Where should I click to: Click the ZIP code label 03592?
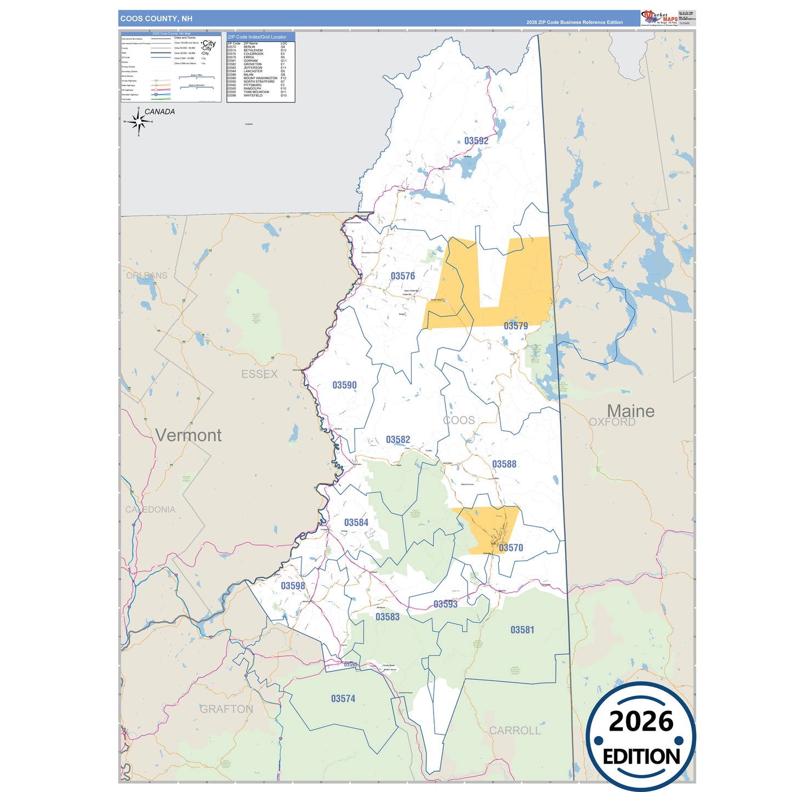[x=476, y=141]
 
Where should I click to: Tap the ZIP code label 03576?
[x=402, y=276]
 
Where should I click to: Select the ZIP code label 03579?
[x=516, y=326]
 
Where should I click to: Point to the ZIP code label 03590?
[x=344, y=385]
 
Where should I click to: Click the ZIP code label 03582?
[x=397, y=440]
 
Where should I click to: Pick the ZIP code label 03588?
[x=504, y=464]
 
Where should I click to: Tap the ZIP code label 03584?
[x=356, y=523]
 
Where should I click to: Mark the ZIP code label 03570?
[x=511, y=548]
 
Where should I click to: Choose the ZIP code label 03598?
[x=293, y=586]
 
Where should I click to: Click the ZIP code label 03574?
[x=343, y=699]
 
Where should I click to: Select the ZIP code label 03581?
[x=522, y=630]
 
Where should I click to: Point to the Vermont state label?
[x=188, y=435]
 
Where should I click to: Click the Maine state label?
[x=630, y=411]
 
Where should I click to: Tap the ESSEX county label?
[x=259, y=374]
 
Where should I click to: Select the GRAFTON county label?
[x=226, y=709]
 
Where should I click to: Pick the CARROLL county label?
[x=515, y=731]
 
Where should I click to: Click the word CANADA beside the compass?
[x=159, y=112]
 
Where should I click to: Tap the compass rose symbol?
[x=138, y=122]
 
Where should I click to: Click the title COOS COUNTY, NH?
[x=156, y=19]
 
